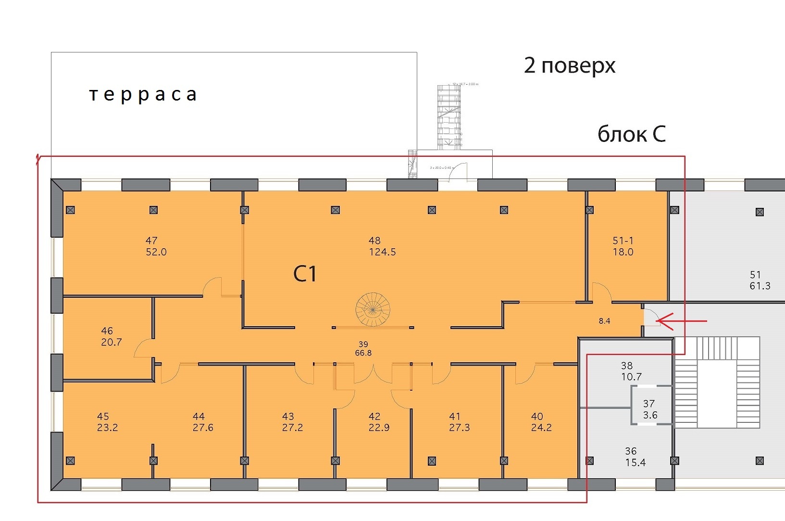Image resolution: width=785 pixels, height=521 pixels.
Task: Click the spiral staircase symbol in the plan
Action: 373,309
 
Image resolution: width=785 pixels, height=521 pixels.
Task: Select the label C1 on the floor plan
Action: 305,274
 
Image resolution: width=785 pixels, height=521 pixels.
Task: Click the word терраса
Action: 143,94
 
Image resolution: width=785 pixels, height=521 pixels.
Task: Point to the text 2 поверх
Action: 570,65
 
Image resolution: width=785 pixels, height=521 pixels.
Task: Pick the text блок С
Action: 631,134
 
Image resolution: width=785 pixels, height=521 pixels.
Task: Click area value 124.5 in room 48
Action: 382,252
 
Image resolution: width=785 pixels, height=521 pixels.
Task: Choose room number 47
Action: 151,241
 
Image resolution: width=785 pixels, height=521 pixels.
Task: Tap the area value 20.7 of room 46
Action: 111,343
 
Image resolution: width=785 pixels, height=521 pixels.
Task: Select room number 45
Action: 103,416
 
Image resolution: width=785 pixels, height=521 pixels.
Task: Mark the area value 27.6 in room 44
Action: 203,428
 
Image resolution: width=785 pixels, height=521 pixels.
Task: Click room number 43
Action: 288,416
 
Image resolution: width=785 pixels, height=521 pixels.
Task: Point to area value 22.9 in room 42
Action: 379,428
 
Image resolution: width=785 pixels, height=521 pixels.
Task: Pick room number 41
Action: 455,416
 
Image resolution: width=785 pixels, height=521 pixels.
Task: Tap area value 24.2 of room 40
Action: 541,428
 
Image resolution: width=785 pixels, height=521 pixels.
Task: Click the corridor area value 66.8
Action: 363,353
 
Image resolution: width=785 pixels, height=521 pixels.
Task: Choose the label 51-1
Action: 623,241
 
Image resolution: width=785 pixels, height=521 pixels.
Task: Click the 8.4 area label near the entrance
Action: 604,321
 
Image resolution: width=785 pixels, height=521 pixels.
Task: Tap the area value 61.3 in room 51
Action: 760,286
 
